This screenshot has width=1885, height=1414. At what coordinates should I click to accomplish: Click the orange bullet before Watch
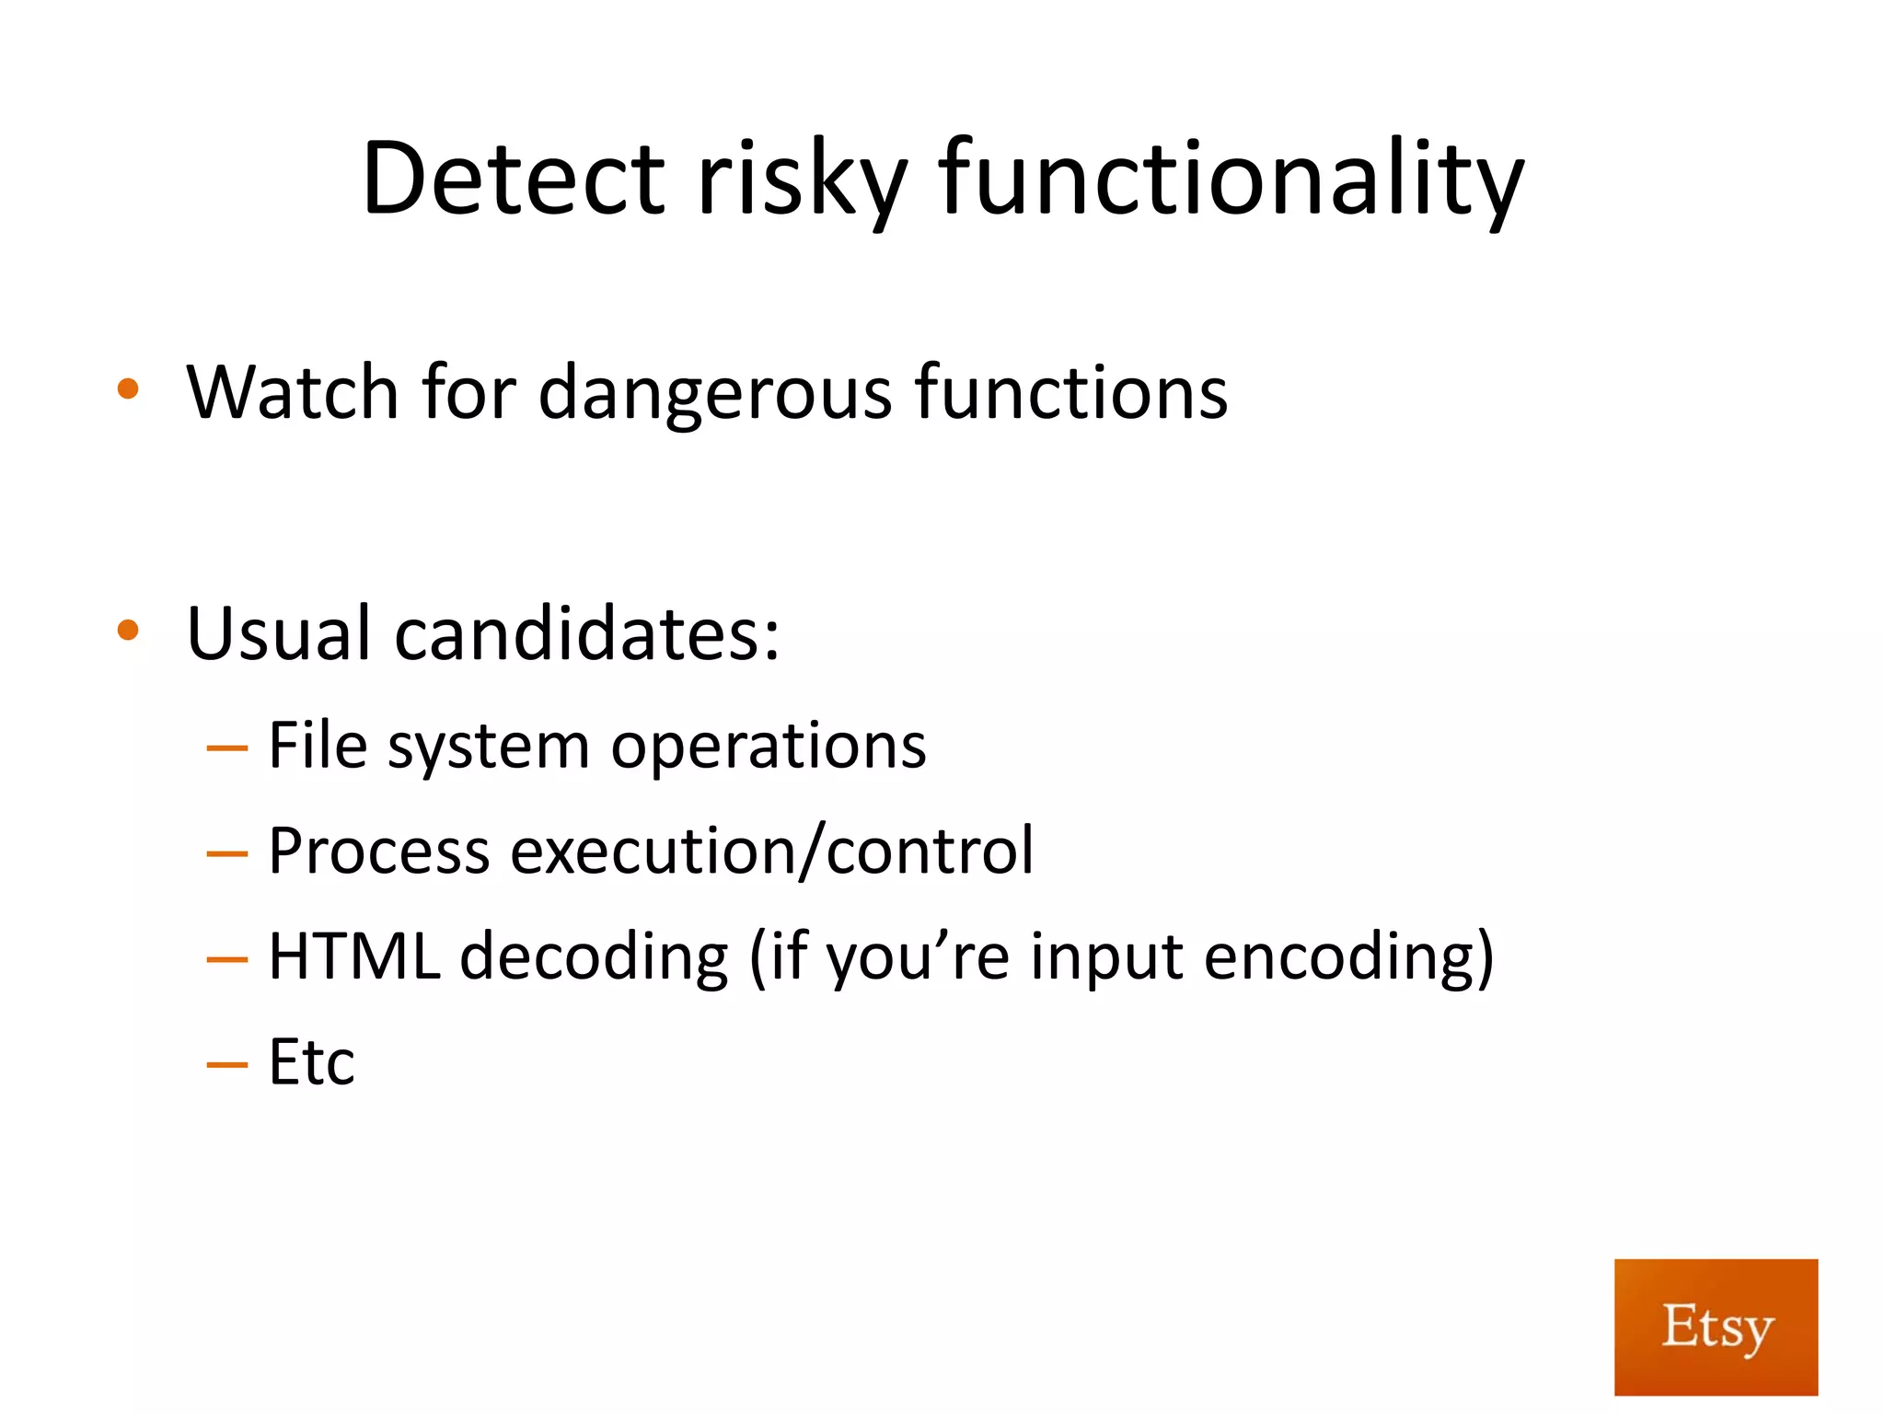[x=128, y=389]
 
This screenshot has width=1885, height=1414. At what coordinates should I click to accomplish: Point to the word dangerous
[x=714, y=394]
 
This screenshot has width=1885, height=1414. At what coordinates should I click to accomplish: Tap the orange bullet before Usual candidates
[x=128, y=632]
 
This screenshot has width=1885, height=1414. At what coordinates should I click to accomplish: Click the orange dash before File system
[x=227, y=748]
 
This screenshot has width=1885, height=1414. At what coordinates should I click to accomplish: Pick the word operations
[x=769, y=746]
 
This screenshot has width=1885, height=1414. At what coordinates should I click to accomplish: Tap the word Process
[x=378, y=851]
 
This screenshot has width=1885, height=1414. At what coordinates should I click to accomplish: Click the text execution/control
[x=771, y=851]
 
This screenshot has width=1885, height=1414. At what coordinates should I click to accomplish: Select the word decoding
[x=594, y=957]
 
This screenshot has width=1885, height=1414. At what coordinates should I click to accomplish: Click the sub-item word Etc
[x=311, y=1062]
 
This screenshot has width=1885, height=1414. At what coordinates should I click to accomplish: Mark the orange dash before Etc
[x=227, y=1065]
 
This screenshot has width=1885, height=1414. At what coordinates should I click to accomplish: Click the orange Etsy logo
[x=1716, y=1327]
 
